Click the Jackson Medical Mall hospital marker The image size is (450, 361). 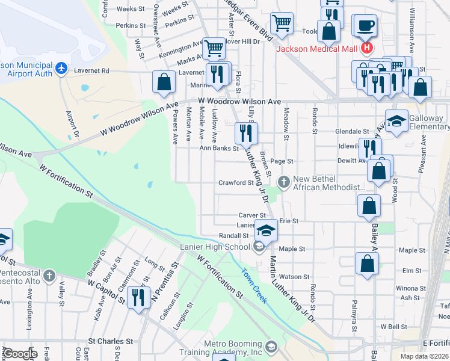366,49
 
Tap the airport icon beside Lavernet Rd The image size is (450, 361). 61,68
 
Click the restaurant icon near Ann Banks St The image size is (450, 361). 245,132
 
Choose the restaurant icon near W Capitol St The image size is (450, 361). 139,297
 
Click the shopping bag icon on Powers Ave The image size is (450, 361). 164,81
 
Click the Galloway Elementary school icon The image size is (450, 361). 396,120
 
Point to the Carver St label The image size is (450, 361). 251,215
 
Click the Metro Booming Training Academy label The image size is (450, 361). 233,348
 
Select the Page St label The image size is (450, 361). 281,161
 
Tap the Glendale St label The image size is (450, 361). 352,131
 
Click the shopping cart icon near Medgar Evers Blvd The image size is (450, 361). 282,23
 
